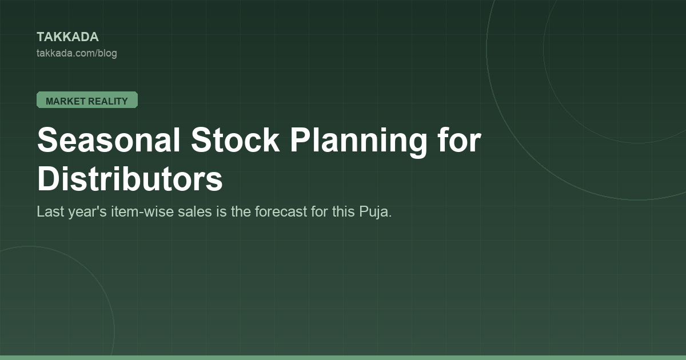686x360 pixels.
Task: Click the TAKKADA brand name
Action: point(67,37)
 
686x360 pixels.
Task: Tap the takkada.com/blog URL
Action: point(77,53)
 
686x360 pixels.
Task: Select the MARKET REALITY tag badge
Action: point(87,100)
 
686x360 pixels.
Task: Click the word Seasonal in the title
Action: point(109,140)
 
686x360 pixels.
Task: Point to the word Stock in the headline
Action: point(235,140)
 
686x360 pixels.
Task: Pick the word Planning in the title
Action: point(358,142)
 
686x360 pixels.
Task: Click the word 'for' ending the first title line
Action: point(460,140)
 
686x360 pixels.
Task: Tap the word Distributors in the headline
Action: point(130,179)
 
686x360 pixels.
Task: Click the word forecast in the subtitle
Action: point(281,211)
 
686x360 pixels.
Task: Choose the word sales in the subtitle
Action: point(195,211)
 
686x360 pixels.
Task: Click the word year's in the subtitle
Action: point(87,212)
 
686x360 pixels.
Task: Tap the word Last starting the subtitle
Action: point(50,211)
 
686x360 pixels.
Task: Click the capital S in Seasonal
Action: point(47,140)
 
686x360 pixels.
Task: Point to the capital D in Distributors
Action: point(48,179)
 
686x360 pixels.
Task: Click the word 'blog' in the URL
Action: point(107,54)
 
